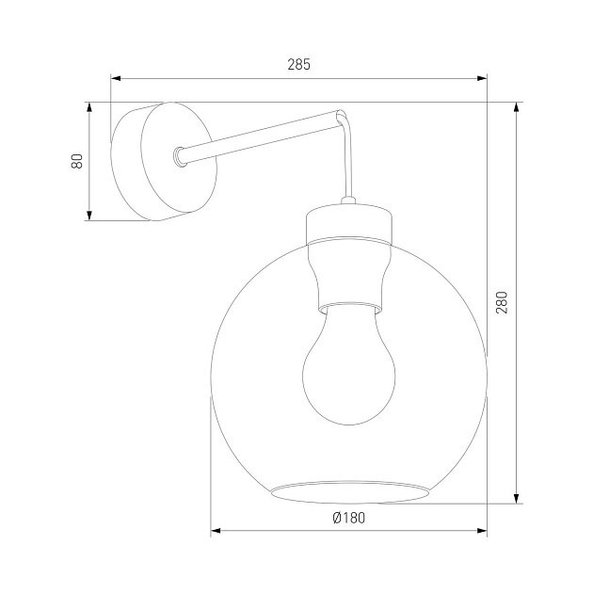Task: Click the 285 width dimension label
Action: (298, 65)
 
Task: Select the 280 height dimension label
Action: (502, 302)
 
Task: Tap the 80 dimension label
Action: (77, 161)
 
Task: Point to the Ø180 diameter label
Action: (348, 517)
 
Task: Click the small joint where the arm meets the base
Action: (180, 155)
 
